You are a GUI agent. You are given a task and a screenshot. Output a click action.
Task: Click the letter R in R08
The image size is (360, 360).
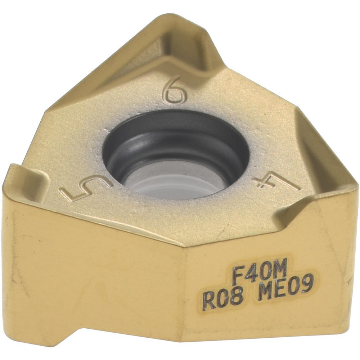(209, 301)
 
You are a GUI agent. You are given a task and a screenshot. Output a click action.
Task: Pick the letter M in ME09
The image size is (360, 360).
(265, 290)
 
